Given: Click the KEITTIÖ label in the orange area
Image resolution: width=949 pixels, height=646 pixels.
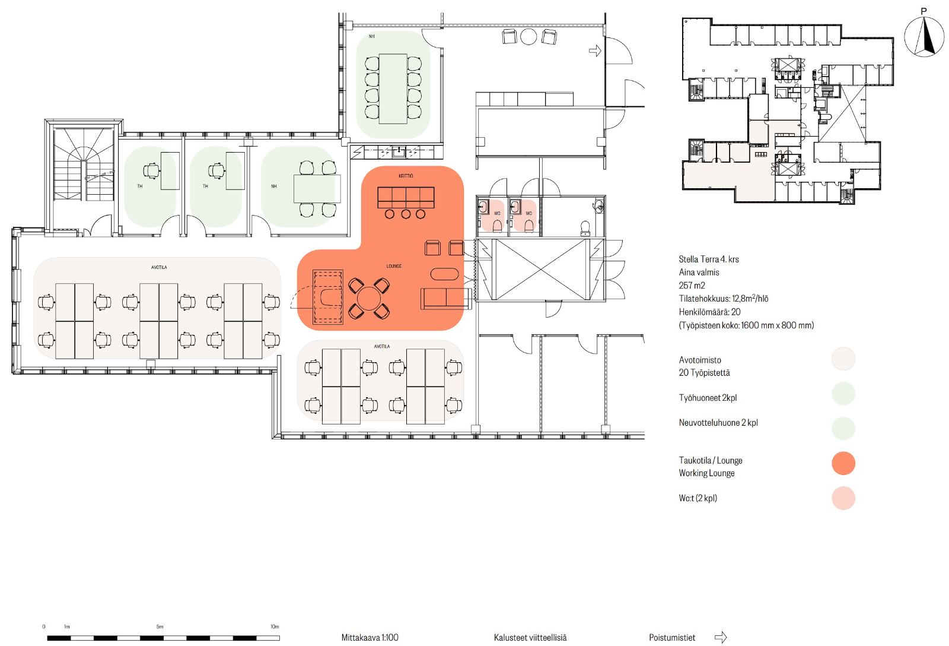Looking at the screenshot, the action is [406, 176].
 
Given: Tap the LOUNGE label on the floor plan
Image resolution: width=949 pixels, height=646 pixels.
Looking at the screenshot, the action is [394, 266].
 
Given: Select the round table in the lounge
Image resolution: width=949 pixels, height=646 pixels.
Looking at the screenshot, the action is [369, 298].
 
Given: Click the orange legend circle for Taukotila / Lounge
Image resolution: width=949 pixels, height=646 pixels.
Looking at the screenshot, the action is [843, 463].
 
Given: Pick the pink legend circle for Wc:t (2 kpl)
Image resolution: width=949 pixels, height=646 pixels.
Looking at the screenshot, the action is [843, 498].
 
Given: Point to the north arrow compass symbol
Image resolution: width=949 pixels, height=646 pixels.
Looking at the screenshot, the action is [924, 36].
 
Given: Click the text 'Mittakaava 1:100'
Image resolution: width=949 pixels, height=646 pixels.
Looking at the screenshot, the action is [370, 637].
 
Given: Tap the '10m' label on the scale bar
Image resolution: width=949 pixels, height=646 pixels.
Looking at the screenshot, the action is [275, 626].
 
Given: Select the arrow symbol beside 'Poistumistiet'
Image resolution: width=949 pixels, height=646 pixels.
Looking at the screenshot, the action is [721, 637].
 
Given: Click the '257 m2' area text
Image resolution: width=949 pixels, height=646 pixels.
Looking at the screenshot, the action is [692, 286].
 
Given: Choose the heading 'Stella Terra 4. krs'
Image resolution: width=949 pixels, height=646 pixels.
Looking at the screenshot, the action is [709, 259].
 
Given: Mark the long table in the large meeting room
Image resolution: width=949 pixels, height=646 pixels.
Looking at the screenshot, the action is [393, 88].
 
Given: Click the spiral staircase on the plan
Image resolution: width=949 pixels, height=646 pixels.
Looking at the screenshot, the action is [84, 164].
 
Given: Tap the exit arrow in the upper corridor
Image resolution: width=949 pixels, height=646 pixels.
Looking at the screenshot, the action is [595, 51].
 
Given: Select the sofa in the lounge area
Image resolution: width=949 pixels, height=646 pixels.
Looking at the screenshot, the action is [445, 298].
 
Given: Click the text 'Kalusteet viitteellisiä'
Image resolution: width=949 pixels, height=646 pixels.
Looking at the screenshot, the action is [530, 637].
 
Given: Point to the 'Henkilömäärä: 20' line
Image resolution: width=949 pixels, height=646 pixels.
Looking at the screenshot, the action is [709, 312].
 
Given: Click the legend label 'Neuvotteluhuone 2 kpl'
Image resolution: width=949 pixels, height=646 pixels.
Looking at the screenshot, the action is [718, 423].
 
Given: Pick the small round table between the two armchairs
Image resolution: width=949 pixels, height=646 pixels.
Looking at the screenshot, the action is [528, 36].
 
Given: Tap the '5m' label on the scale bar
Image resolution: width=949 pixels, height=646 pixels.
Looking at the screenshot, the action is [160, 626].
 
